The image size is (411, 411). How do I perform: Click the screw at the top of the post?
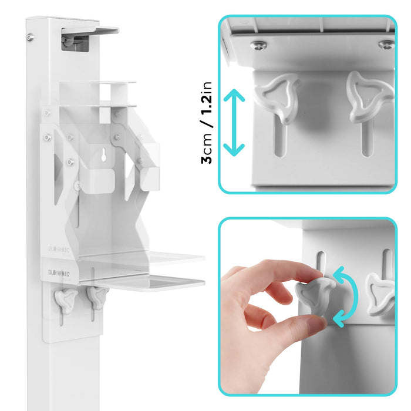(30, 38)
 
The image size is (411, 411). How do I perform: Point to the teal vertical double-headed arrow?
(235, 122)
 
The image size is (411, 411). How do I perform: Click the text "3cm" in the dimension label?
(207, 151)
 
